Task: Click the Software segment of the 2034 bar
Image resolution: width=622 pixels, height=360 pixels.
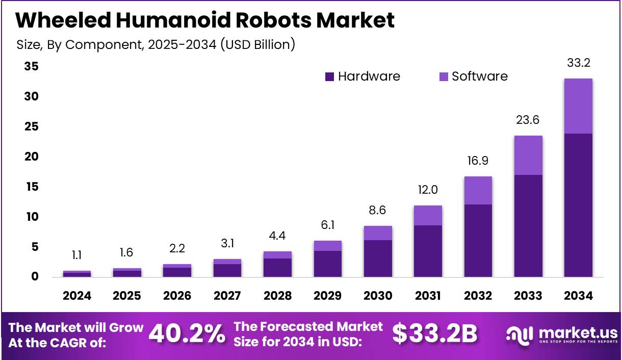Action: (578, 106)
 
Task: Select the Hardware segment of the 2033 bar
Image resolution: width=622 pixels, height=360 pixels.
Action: (528, 226)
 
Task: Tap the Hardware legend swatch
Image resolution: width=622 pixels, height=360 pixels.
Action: (329, 76)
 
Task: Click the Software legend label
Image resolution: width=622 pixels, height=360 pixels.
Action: (480, 76)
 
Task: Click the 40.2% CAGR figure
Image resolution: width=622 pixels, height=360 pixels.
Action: (187, 334)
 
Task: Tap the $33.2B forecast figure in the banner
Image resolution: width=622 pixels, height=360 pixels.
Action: (435, 334)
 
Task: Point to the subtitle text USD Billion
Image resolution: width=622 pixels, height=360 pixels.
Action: (258, 44)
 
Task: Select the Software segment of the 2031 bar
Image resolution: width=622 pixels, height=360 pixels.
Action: (428, 215)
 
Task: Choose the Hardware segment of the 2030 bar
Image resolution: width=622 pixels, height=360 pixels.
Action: (378, 259)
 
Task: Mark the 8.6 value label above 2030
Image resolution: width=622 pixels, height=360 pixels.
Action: (378, 210)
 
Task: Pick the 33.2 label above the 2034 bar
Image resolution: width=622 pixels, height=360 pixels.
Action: (578, 63)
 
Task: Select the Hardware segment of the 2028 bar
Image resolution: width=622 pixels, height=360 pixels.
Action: (277, 268)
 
